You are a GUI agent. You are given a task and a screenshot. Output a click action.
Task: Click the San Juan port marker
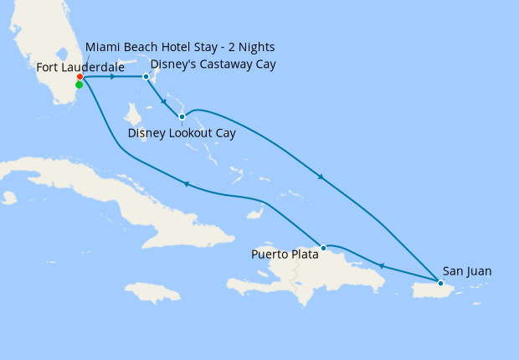tap(440, 283)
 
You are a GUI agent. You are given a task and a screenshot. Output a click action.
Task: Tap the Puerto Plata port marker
tap(323, 247)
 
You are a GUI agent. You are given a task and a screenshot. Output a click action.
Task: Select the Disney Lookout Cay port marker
tap(182, 116)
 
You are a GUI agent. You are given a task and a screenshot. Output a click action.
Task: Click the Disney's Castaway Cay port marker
tap(146, 77)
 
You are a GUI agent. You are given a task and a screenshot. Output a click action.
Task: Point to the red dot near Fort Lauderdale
tap(80, 77)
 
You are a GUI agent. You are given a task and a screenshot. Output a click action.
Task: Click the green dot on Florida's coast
tap(79, 85)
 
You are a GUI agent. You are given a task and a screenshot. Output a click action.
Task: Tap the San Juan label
tap(467, 271)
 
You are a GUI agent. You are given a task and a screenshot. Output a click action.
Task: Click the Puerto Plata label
tap(285, 255)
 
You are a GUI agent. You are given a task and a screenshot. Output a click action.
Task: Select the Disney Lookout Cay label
tap(182, 133)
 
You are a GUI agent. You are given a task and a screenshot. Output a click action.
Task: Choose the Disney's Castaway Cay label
tap(213, 64)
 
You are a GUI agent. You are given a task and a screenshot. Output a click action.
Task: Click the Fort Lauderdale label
tap(80, 66)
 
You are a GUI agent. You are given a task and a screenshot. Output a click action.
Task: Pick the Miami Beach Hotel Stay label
tap(180, 46)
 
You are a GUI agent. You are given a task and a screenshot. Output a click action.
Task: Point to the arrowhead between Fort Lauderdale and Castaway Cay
tap(112, 77)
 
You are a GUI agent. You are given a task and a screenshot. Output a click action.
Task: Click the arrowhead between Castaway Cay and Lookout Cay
tap(163, 100)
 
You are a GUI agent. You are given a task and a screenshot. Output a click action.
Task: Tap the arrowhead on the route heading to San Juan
tap(321, 177)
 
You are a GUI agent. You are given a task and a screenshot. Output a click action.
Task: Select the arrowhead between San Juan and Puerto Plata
tap(381, 266)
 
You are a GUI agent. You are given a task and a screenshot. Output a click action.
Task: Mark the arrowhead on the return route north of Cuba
tap(186, 184)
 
